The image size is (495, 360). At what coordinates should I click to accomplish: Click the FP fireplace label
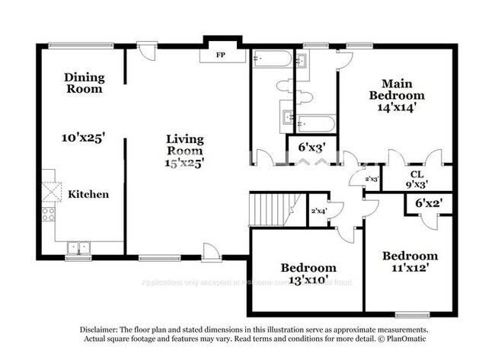pyautogui.click(x=221, y=56)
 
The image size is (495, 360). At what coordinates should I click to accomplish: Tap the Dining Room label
pyautogui.click(x=83, y=83)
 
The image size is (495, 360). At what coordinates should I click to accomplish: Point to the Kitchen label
pyautogui.click(x=88, y=194)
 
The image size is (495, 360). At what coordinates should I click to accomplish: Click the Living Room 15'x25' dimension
pyautogui.click(x=186, y=161)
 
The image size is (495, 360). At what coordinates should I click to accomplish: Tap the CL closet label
pyautogui.click(x=417, y=174)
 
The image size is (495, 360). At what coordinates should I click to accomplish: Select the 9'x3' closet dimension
pyautogui.click(x=417, y=183)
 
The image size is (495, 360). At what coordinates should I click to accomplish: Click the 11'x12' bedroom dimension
pyautogui.click(x=410, y=268)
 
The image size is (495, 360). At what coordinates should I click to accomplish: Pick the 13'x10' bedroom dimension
pyautogui.click(x=308, y=280)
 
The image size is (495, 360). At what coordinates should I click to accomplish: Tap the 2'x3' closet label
pyautogui.click(x=372, y=179)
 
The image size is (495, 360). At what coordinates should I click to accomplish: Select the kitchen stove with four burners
pyautogui.click(x=49, y=214)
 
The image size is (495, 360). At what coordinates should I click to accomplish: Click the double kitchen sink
pyautogui.click(x=78, y=247)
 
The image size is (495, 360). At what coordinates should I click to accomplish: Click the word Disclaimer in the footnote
pyautogui.click(x=101, y=329)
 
